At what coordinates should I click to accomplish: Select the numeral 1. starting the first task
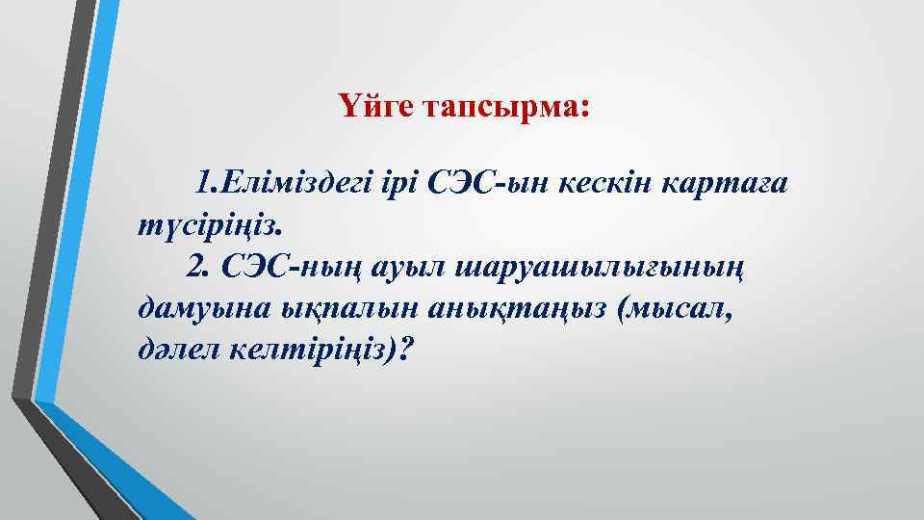[206, 182]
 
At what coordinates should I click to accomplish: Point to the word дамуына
[192, 311]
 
